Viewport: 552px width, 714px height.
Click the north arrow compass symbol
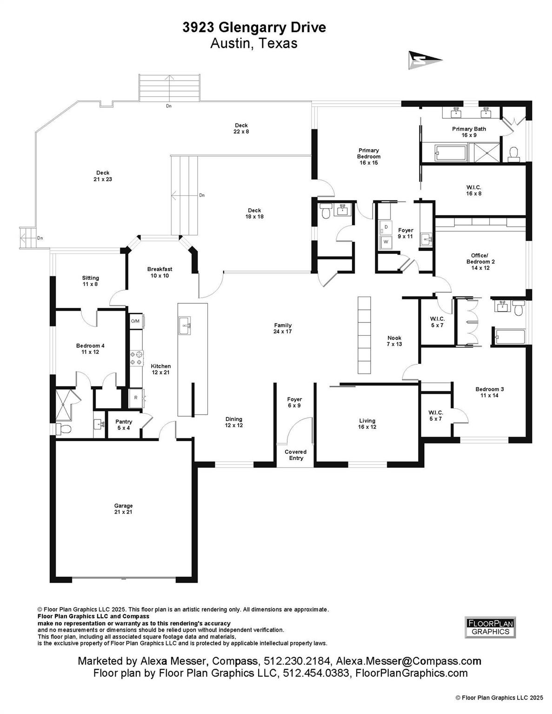[x=425, y=60]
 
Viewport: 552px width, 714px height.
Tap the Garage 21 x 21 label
[x=124, y=509]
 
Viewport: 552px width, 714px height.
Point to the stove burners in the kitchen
[x=136, y=357]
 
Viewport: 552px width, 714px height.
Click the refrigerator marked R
[x=137, y=398]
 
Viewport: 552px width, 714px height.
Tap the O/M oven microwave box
[x=136, y=321]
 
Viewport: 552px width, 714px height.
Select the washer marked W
[x=386, y=242]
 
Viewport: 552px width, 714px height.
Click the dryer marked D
[x=386, y=227]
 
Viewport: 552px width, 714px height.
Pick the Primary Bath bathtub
[x=450, y=153]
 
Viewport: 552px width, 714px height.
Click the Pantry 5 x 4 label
[x=124, y=425]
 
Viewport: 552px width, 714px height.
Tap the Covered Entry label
[x=296, y=455]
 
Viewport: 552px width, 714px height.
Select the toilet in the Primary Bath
[x=513, y=154]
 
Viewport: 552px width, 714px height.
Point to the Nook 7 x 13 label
[x=394, y=341]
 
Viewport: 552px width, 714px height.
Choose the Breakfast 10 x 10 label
[x=160, y=272]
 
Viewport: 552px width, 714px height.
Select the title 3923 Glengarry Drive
[x=254, y=27]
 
